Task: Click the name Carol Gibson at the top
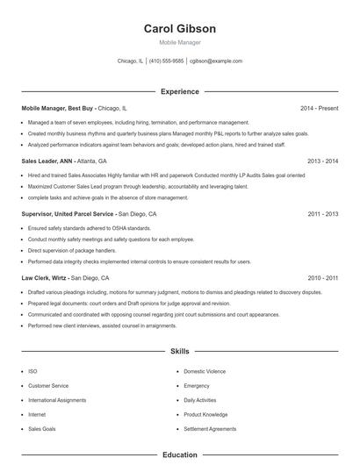[179, 29]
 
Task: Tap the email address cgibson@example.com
[216, 61]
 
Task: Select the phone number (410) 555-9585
[167, 61]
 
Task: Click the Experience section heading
[179, 91]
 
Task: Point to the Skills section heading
[179, 351]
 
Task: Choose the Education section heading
[179, 455]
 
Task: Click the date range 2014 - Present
[319, 108]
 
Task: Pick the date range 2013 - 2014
[322, 161]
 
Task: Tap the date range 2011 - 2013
[322, 214]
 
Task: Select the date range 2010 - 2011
[322, 277]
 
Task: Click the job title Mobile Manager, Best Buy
[58, 108]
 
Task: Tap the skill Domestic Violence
[205, 371]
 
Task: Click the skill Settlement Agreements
[210, 429]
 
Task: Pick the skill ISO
[32, 371]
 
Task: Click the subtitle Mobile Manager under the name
[179, 42]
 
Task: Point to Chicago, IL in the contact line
[130, 61]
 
